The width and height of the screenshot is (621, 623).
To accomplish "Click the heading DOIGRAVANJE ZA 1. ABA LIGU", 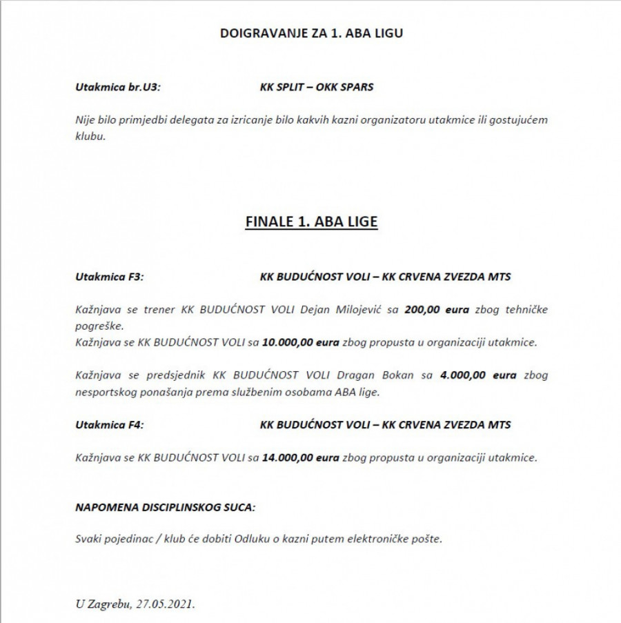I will pos(310,32).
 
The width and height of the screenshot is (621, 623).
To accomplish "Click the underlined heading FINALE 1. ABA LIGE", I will pos(311,222).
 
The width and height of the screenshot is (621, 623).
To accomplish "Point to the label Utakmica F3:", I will pos(109,277).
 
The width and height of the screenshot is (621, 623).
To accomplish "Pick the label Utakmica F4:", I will pos(109,425).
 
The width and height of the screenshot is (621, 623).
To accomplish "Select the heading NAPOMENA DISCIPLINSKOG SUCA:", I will pos(165,507).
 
